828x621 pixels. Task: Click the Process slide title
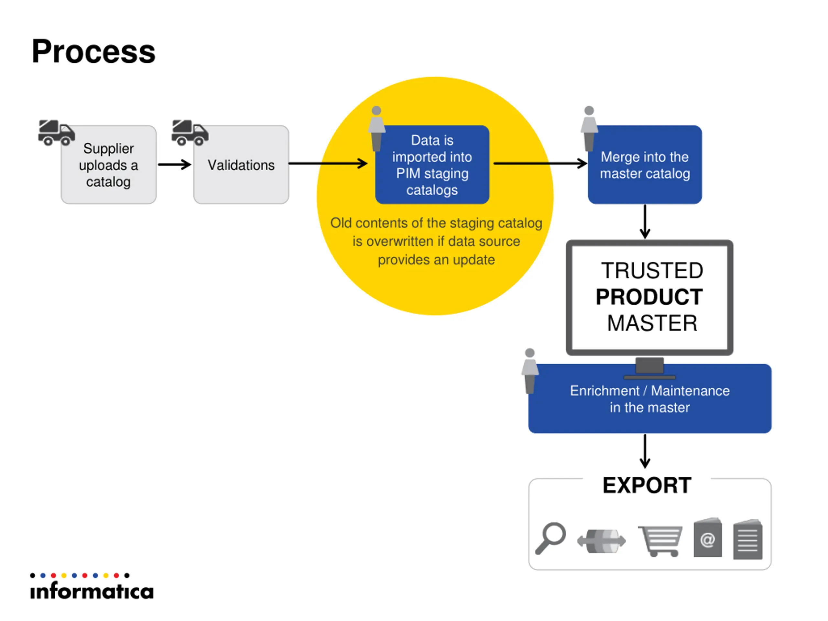point(93,52)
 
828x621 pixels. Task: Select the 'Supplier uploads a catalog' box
point(109,165)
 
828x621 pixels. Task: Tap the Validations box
point(241,165)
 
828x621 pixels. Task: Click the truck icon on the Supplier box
point(57,133)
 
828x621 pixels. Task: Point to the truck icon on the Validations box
point(190,133)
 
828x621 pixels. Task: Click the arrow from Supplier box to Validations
point(174,164)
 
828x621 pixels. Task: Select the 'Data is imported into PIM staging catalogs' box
point(432,165)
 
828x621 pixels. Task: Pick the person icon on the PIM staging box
point(376,128)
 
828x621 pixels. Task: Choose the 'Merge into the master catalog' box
point(645,165)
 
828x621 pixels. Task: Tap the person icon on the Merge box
point(589,128)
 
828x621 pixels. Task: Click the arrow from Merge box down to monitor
point(645,222)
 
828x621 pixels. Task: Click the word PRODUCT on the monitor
point(649,297)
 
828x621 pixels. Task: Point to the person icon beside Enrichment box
point(530,371)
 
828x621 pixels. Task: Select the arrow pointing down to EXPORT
point(645,451)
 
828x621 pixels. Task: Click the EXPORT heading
point(647,485)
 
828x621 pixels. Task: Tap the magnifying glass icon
point(550,538)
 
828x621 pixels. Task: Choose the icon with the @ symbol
point(707,537)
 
